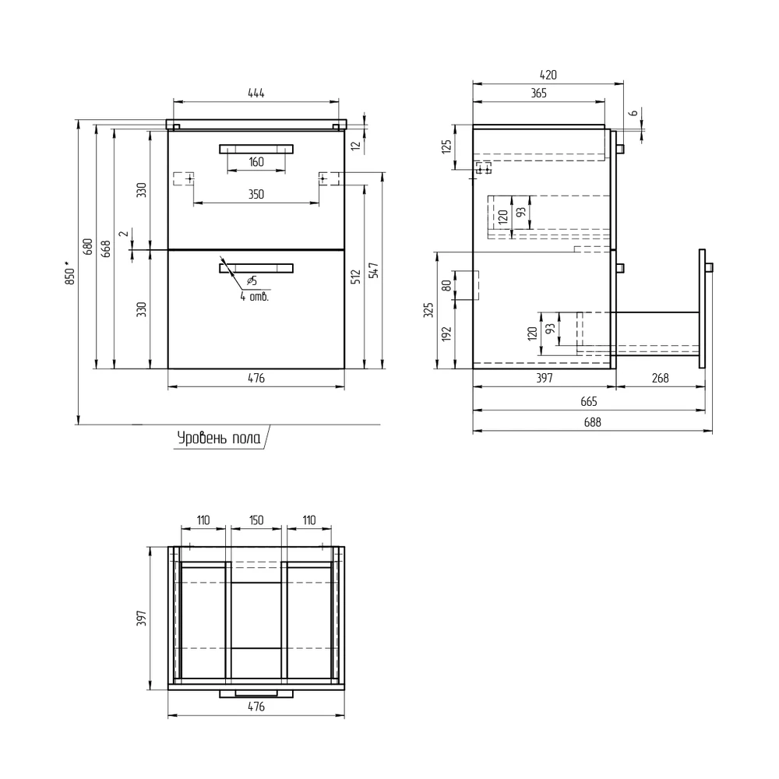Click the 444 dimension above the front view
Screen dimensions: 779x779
tap(256, 93)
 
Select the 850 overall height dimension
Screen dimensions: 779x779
tap(70, 274)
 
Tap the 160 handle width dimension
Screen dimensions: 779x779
tap(256, 162)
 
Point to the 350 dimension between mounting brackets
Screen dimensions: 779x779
tap(256, 194)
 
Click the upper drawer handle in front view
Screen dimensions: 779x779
tap(256, 149)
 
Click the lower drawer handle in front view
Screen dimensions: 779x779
tap(256, 268)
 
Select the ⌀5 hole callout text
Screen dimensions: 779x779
tap(252, 281)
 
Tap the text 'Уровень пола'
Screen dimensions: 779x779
tap(219, 438)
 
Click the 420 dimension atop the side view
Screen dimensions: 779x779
tap(548, 75)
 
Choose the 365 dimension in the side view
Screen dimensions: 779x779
tap(538, 93)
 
